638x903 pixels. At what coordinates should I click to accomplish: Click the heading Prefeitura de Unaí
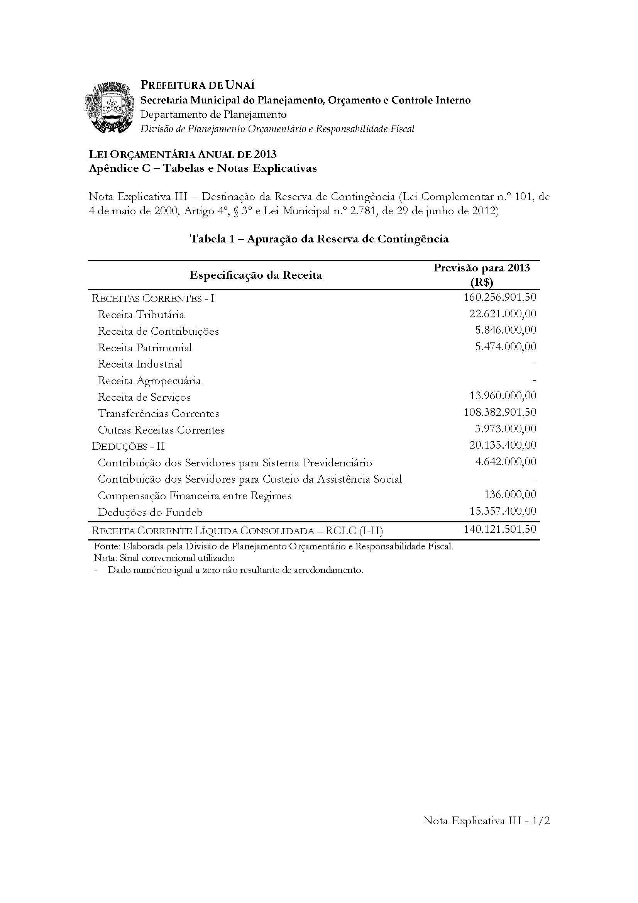(x=198, y=85)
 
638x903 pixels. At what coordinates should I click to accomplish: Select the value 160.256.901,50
(x=500, y=297)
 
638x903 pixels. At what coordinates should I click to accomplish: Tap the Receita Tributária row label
(x=141, y=315)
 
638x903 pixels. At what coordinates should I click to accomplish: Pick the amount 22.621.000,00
(x=503, y=313)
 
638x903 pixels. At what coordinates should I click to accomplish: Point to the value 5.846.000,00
(x=506, y=330)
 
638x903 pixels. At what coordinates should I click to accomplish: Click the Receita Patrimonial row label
(x=145, y=348)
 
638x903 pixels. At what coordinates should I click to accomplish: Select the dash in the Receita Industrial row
(x=534, y=364)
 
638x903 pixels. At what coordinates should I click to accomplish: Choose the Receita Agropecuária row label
(x=149, y=381)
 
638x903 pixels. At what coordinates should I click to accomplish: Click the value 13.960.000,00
(x=503, y=396)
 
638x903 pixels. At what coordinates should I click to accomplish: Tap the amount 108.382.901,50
(x=500, y=412)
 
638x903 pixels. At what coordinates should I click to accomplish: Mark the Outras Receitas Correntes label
(x=161, y=430)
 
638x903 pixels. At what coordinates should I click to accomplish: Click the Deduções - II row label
(x=128, y=446)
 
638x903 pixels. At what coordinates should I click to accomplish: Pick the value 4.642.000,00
(x=506, y=462)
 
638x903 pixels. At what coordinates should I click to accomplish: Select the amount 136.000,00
(x=510, y=495)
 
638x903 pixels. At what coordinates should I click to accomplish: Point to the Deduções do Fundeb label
(x=151, y=512)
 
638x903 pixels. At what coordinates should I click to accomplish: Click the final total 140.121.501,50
(x=500, y=529)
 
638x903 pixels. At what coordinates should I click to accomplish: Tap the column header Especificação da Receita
(x=256, y=275)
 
